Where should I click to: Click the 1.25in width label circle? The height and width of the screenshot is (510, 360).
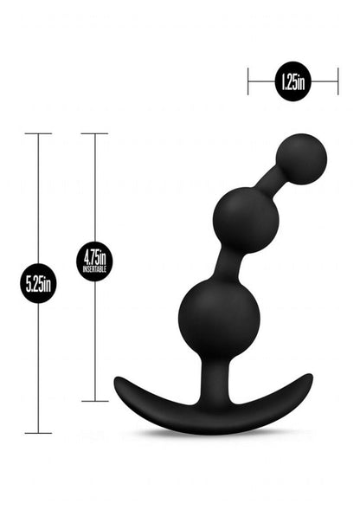(x=292, y=82)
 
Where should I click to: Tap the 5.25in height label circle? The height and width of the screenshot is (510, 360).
(x=38, y=283)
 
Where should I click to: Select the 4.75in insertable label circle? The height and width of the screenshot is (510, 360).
(x=94, y=261)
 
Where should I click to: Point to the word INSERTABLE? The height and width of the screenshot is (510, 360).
(x=94, y=269)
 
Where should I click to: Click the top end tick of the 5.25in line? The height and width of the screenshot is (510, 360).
(x=38, y=133)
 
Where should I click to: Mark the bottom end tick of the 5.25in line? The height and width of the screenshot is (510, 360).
(x=38, y=432)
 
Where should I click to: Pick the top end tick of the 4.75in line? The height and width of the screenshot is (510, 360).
(x=94, y=133)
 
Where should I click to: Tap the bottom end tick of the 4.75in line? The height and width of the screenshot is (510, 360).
(x=94, y=401)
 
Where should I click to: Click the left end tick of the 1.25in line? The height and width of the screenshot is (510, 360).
(x=249, y=82)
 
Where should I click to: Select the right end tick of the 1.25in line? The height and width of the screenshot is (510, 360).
(x=337, y=82)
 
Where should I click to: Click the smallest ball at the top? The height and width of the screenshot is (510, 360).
(x=301, y=158)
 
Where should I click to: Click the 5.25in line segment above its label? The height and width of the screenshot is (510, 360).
(x=38, y=199)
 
